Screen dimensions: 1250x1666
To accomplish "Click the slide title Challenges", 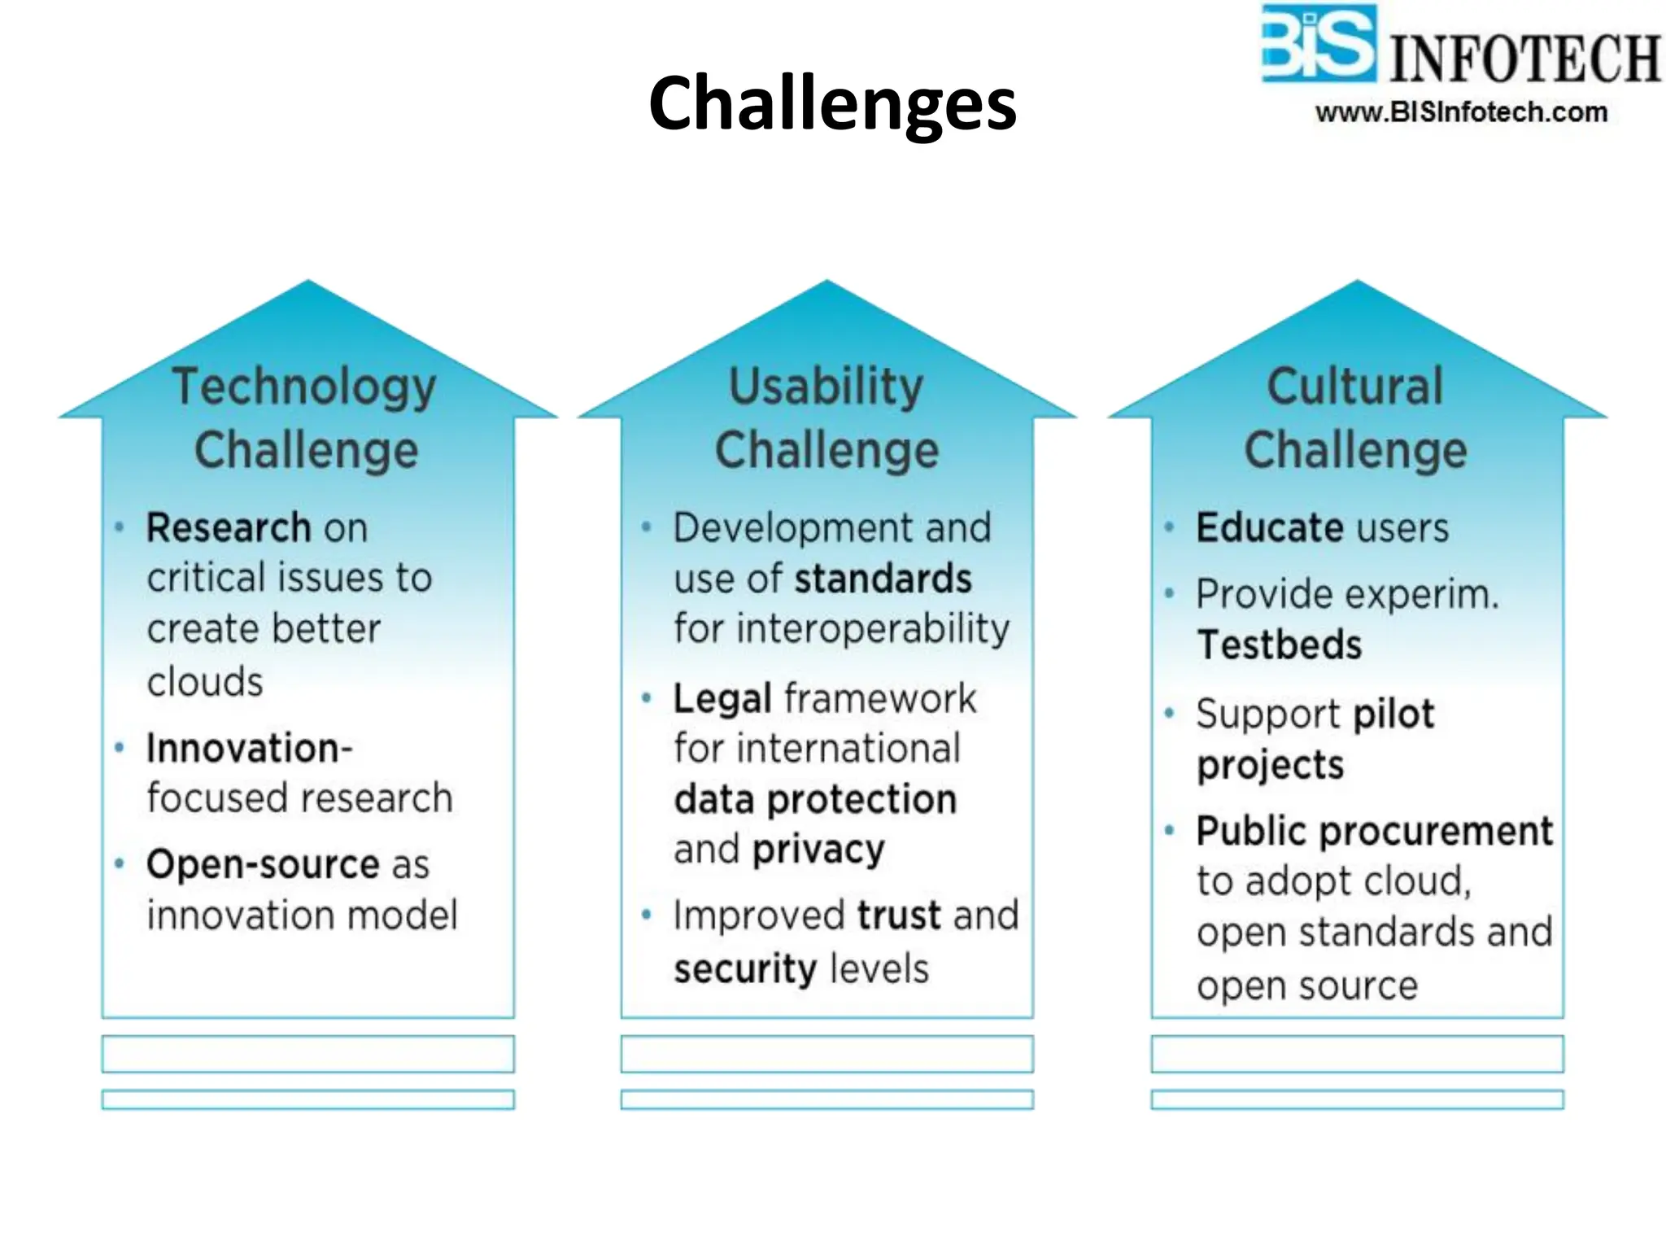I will (x=832, y=104).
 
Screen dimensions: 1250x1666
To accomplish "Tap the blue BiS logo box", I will (x=1318, y=45).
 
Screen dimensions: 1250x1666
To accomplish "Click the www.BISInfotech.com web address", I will (x=1461, y=112).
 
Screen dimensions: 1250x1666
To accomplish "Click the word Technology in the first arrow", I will (x=304, y=387).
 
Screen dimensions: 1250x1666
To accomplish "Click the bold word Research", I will (x=229, y=527).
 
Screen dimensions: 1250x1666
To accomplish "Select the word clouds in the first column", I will (x=205, y=681).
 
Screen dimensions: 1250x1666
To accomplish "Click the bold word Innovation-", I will (x=249, y=748).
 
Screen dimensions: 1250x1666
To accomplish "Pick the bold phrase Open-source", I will (x=263, y=864).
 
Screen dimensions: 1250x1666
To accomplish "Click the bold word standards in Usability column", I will (x=883, y=579).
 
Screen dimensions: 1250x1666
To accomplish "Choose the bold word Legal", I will (x=722, y=699).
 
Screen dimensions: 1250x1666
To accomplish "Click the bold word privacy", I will (x=818, y=850).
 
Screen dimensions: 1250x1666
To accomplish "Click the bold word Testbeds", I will (x=1279, y=645).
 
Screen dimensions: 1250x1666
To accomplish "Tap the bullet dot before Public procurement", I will (x=1169, y=831).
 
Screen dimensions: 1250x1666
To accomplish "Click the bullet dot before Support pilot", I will (x=1169, y=714).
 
